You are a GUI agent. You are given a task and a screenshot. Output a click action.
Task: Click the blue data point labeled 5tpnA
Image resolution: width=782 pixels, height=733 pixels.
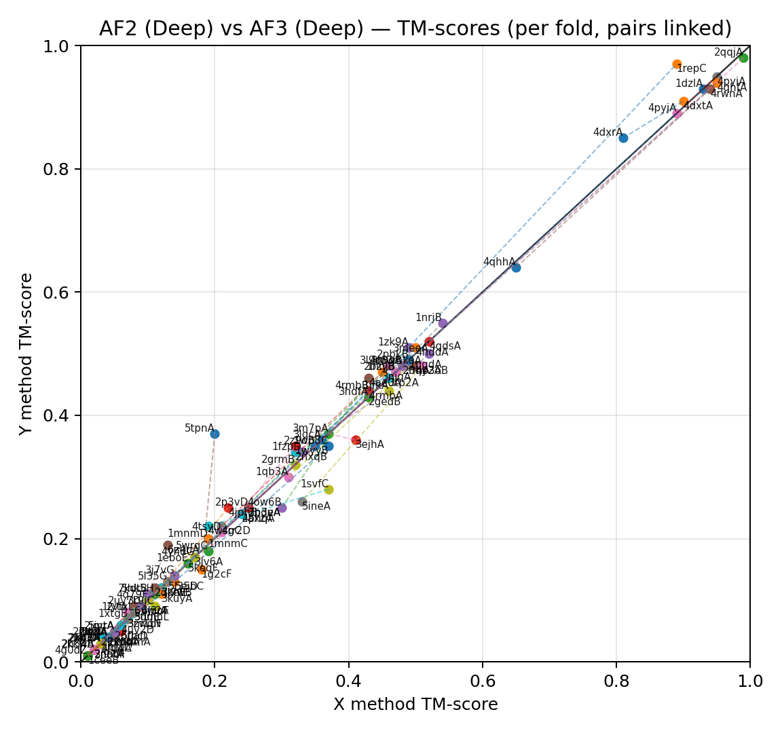click(215, 434)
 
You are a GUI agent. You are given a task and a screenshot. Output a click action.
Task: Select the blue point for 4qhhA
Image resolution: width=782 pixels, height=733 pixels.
click(516, 267)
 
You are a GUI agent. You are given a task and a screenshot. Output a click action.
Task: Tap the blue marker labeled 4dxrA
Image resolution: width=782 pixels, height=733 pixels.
click(623, 138)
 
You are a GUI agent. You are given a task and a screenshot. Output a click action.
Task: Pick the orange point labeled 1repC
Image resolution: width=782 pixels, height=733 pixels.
click(677, 64)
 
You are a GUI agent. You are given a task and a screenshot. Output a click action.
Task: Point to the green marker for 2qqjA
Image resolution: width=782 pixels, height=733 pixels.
click(743, 58)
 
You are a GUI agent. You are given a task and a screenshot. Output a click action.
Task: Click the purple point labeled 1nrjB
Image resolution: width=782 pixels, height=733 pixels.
click(443, 323)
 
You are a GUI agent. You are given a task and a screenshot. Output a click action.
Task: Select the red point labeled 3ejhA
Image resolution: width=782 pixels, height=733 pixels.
click(356, 440)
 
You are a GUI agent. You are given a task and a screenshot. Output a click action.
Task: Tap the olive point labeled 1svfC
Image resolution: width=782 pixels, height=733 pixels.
click(329, 489)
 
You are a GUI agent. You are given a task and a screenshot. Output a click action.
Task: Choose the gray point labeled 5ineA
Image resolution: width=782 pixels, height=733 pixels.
click(302, 502)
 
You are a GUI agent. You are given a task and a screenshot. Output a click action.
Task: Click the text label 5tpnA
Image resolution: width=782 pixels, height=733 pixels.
click(199, 428)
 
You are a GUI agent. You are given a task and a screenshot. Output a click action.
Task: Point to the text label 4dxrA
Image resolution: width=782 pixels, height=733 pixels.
click(608, 132)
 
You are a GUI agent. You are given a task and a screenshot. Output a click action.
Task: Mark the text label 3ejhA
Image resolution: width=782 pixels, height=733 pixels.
click(370, 445)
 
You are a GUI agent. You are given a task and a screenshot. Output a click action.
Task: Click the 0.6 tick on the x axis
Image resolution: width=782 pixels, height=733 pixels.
click(483, 680)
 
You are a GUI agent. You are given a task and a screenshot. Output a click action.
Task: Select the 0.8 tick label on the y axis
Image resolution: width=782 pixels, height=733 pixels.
click(58, 169)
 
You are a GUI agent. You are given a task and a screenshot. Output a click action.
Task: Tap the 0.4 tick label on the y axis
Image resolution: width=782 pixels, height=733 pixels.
click(58, 415)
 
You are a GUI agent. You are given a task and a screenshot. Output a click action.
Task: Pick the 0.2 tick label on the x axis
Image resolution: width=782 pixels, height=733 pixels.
click(215, 680)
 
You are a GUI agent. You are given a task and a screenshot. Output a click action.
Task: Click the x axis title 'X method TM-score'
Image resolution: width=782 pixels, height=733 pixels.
click(415, 704)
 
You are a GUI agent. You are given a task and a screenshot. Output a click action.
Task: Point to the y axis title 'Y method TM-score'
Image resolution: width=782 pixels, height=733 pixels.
click(26, 354)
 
